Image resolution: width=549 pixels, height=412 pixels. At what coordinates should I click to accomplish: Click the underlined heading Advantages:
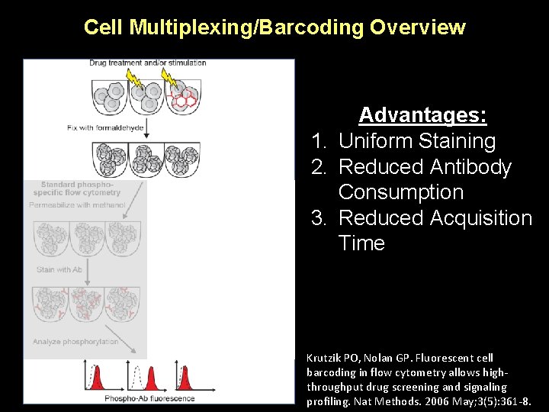(x=422, y=115)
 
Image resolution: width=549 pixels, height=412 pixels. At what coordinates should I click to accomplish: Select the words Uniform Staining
(x=416, y=141)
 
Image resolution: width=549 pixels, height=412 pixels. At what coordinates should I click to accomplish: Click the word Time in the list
(x=361, y=243)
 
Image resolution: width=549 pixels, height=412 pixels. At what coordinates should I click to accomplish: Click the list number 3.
(x=319, y=218)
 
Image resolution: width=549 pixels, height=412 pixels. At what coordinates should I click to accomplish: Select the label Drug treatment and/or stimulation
(x=147, y=63)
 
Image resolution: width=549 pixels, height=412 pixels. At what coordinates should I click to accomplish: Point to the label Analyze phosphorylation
(x=75, y=342)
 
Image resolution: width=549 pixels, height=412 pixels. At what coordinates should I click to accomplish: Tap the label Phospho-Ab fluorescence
(x=149, y=398)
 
